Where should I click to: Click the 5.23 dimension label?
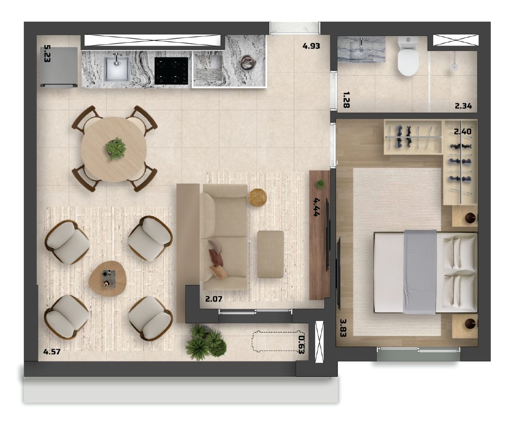(x=47, y=53)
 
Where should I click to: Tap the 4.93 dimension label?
(x=311, y=46)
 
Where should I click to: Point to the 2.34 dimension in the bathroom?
(x=463, y=106)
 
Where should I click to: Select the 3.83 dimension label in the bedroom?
(x=343, y=328)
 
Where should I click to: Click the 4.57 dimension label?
(x=52, y=352)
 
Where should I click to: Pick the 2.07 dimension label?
(x=214, y=299)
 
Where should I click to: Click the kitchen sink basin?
(x=116, y=68)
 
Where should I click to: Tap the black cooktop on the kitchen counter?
(x=171, y=71)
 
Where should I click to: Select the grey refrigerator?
(x=59, y=67)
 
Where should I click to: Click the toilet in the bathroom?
(x=408, y=56)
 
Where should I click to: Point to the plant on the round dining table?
(x=115, y=149)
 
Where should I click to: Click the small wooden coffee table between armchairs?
(x=108, y=279)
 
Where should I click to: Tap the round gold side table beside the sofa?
(x=257, y=197)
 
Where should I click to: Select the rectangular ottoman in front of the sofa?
(x=271, y=254)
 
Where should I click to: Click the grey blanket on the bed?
(x=420, y=272)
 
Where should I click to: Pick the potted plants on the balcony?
(x=206, y=341)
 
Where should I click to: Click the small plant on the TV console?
(x=320, y=184)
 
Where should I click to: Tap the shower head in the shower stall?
(x=454, y=66)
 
